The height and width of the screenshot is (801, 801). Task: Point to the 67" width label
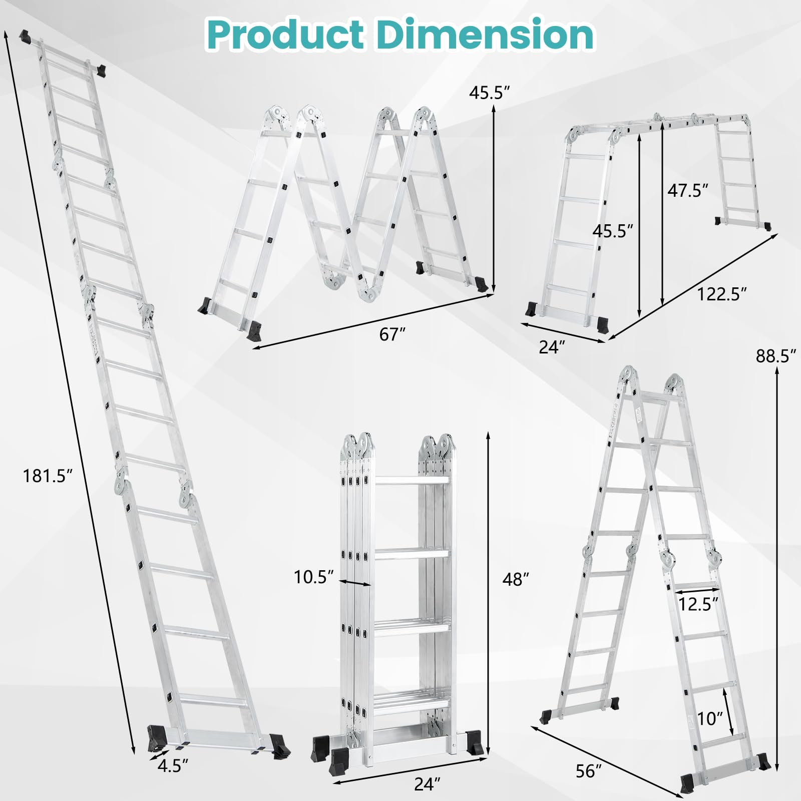[x=391, y=334]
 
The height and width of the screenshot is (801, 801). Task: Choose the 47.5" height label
[x=688, y=190]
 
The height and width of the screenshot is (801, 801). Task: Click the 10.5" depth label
[x=314, y=577]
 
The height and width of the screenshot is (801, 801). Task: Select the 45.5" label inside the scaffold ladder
[x=613, y=231]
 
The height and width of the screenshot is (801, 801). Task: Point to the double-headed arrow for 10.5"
[x=355, y=582]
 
